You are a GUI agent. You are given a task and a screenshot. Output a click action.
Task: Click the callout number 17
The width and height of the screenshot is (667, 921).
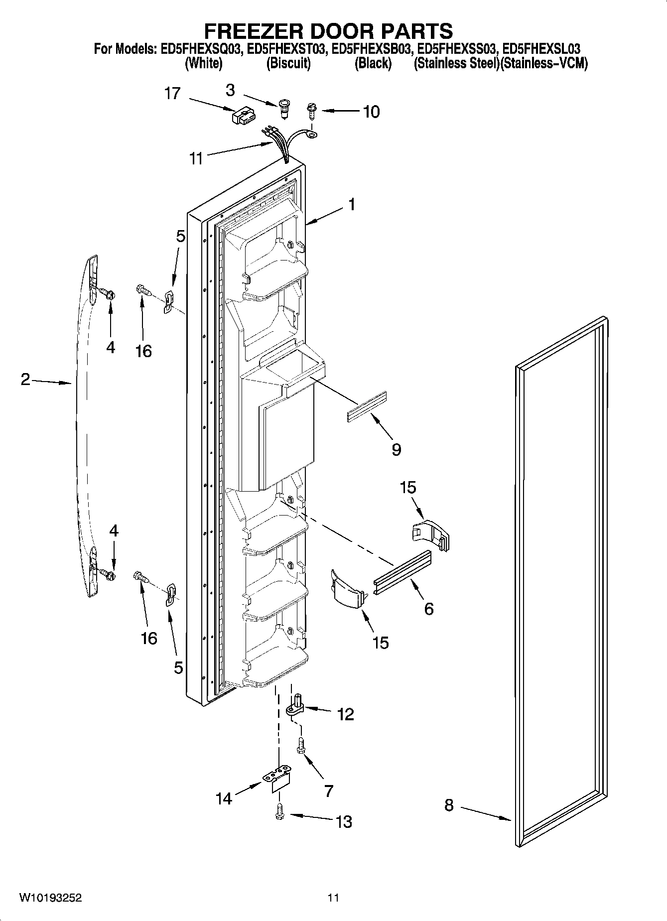coord(172,93)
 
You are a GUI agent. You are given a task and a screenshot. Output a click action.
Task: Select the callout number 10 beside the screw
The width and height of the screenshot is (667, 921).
coord(371,112)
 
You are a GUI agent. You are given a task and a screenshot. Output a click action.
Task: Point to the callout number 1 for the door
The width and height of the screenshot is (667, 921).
coord(352,204)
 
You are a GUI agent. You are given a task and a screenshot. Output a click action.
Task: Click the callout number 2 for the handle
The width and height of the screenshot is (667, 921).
coord(25,380)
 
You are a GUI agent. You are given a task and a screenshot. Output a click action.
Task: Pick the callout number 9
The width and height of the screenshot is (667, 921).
coord(396,449)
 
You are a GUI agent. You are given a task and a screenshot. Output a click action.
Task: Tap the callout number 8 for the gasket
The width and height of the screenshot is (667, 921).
coord(449,805)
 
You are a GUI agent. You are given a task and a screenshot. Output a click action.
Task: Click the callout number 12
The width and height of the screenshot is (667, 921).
coord(345,714)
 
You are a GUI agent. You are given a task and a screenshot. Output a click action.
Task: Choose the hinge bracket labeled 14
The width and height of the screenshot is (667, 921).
coord(277,782)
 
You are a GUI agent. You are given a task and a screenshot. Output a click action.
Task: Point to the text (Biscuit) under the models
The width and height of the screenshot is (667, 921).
coord(288,64)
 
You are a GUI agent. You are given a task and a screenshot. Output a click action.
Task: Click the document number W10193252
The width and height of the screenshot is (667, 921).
coord(50,898)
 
